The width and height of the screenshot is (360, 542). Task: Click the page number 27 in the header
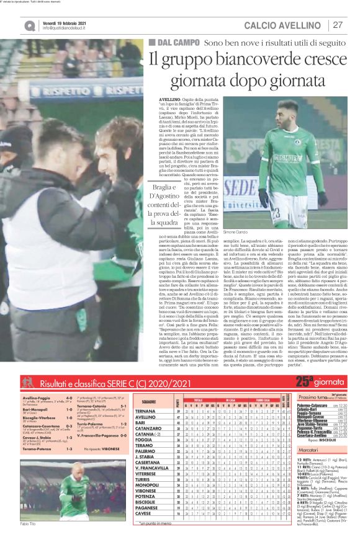coord(338,25)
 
